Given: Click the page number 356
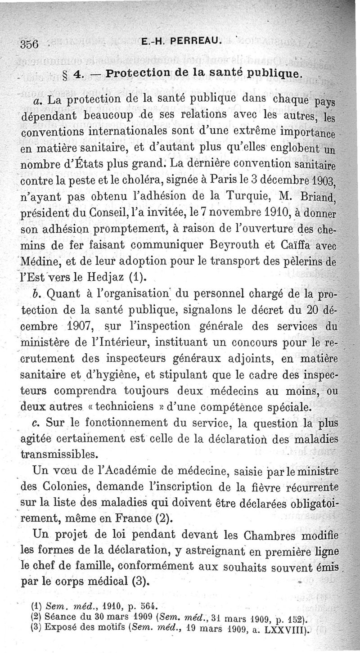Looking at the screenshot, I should click(x=31, y=45).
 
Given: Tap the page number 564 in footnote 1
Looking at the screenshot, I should click(x=145, y=605).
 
